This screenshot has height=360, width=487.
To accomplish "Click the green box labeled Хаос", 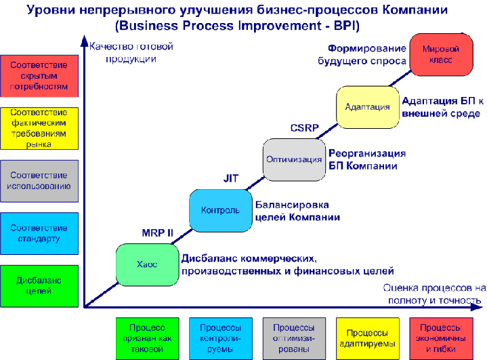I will point(147,264).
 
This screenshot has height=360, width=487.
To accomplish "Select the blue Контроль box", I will point(220,209).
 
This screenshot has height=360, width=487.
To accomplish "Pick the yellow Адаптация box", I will point(367,107).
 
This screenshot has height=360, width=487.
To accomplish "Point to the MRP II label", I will point(157,233).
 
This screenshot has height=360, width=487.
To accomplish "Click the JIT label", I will point(231,178).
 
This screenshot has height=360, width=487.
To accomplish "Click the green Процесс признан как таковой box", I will point(146,335).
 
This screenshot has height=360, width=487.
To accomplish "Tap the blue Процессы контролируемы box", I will point(220,335).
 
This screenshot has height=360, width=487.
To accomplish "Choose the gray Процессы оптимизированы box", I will point(294,335).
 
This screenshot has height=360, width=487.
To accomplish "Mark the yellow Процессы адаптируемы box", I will point(367,335).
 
